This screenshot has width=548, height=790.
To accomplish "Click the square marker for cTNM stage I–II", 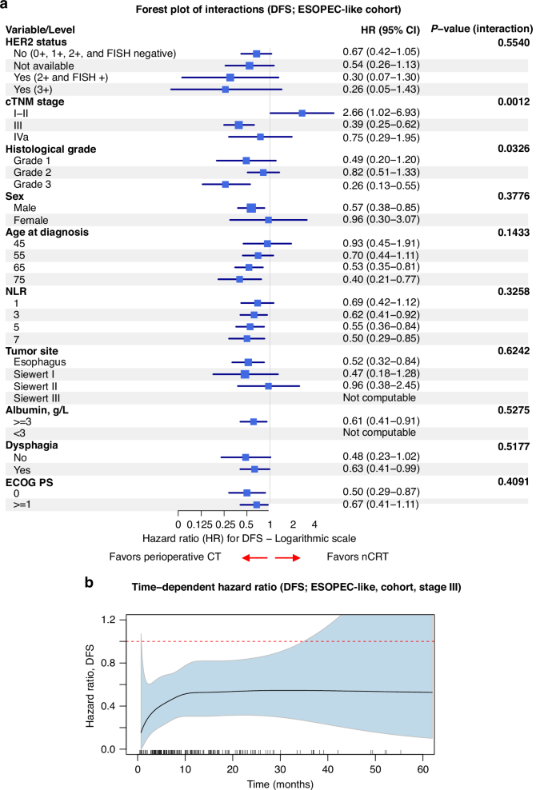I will point(302,114).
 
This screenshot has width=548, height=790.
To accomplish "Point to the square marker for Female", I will point(269,220).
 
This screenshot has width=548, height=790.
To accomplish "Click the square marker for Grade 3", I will point(226,185).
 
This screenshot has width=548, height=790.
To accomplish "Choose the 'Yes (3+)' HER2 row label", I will point(34,90).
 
